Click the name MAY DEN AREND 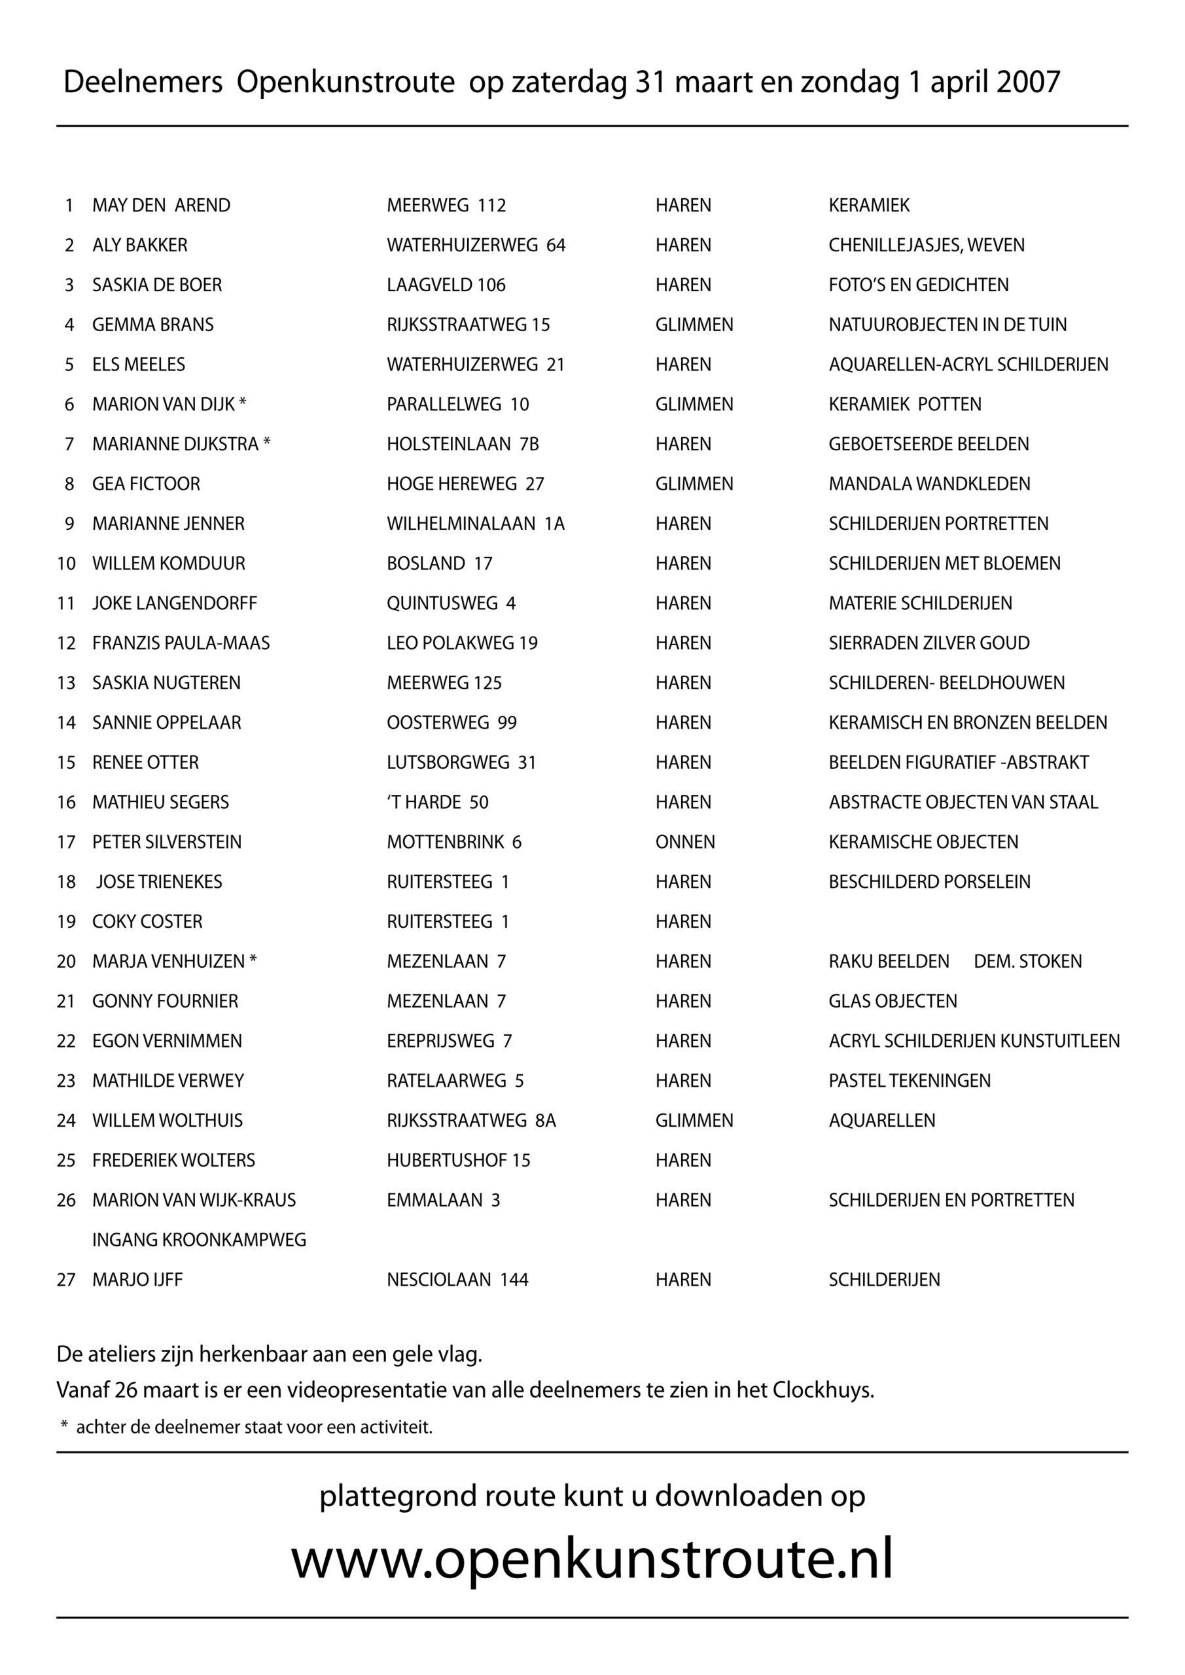[x=160, y=205]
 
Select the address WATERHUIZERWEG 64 [x=476, y=245]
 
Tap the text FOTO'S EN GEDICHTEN [x=918, y=285]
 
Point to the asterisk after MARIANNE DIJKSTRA [x=267, y=443]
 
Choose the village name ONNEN [x=684, y=842]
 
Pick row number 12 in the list [x=66, y=643]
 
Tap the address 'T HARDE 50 [x=437, y=802]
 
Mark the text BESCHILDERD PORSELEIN [x=929, y=882]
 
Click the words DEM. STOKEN [x=1027, y=962]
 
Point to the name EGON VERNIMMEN [x=166, y=1041]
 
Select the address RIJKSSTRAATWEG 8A [x=470, y=1121]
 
